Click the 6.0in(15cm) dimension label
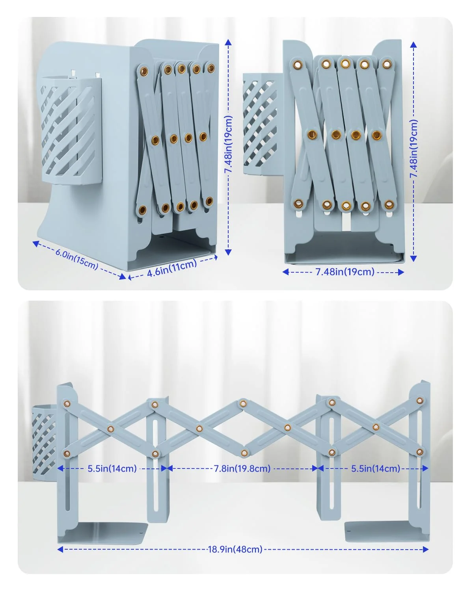pos(77,259)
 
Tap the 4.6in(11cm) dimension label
pos(172,268)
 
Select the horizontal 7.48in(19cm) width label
pos(345,272)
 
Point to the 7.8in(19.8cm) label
pos(242,468)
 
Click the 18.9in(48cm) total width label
pos(235,549)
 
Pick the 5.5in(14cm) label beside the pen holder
pos(112,468)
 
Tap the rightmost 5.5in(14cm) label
pos(375,468)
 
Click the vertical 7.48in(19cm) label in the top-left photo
pos(228,144)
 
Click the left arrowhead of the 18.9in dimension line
pos(60,549)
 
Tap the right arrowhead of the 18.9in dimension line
pos(425,549)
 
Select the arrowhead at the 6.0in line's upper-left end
pos(35,243)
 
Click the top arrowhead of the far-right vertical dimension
pos(413,45)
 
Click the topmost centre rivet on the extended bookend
pos(243,403)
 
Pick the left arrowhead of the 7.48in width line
pos(285,272)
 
